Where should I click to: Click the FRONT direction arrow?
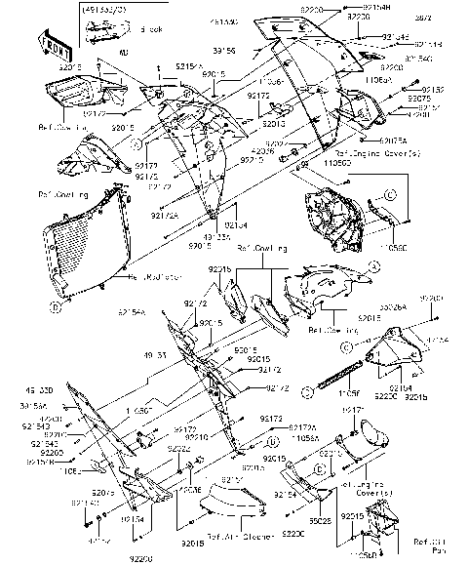[x=51, y=41]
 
